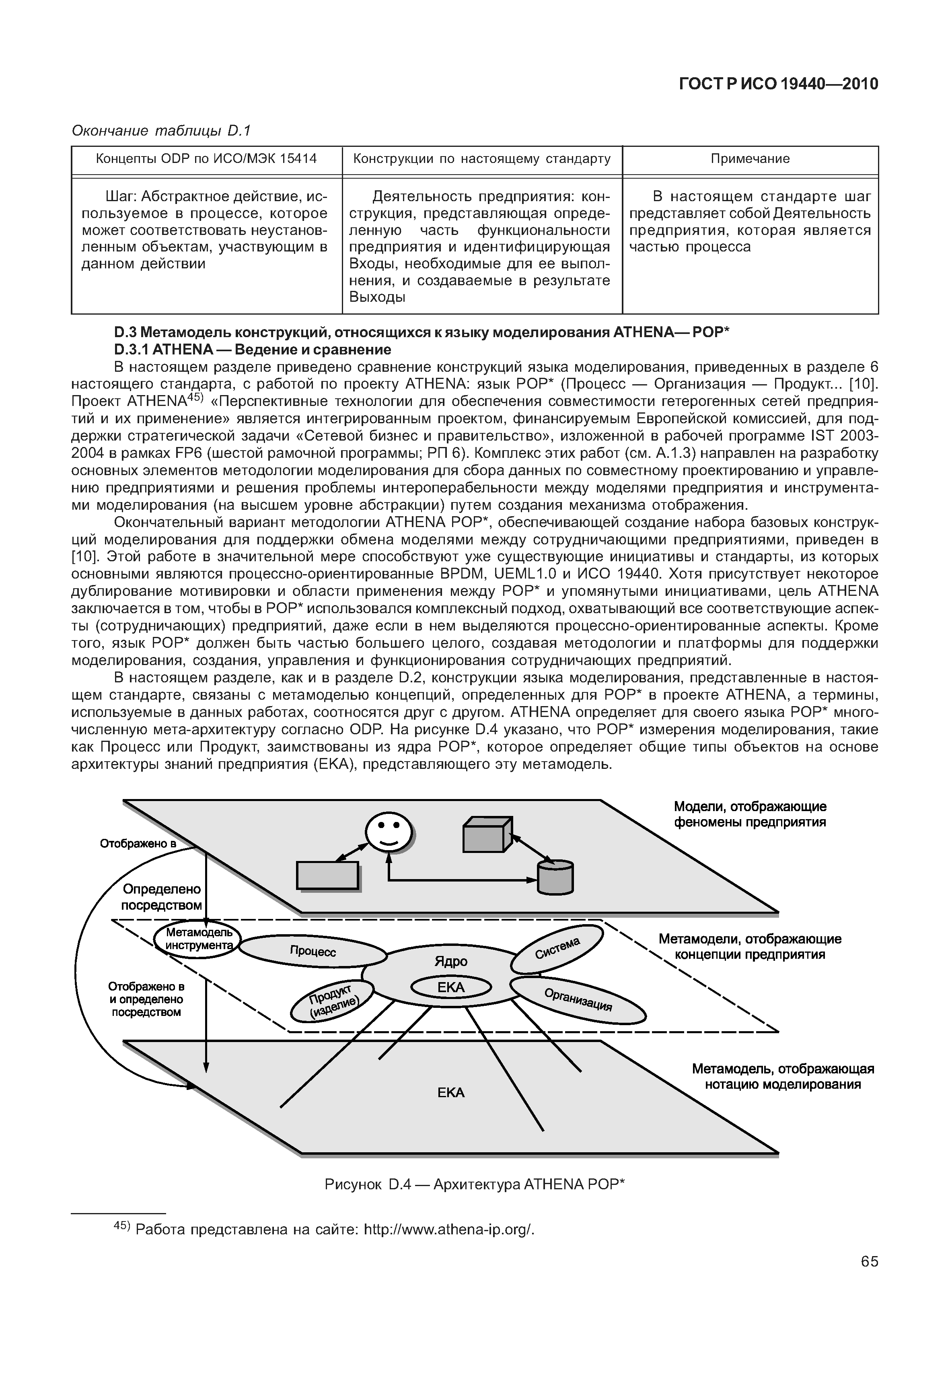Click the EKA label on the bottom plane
(x=450, y=1093)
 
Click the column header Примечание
(x=750, y=159)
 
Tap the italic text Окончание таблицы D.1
(x=161, y=130)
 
